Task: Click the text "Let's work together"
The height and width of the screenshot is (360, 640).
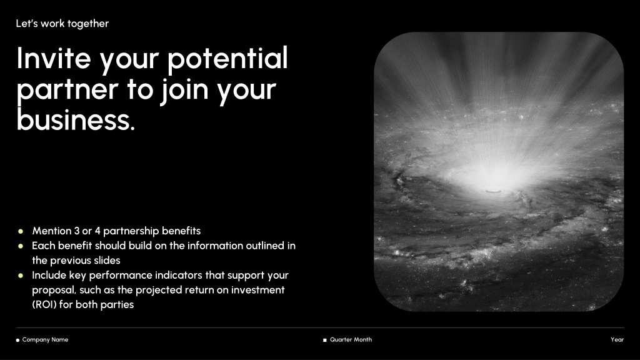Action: pos(62,24)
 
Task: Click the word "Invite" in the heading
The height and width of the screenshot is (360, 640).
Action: pos(54,58)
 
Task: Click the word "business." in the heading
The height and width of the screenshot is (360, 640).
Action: pos(76,120)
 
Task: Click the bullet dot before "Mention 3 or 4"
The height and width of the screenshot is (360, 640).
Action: pos(21,231)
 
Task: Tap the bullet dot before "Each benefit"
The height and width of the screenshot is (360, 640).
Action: pos(21,246)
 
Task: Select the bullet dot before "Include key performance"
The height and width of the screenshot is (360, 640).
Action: pos(21,276)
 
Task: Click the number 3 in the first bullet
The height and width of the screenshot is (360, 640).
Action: pos(77,231)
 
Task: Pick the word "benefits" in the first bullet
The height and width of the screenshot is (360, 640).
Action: pos(181,231)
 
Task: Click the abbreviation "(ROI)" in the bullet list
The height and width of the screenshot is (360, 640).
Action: pos(44,304)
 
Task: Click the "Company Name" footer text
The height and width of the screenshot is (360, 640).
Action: pos(45,339)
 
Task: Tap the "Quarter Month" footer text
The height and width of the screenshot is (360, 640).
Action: pos(351,339)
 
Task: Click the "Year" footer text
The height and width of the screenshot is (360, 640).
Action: pos(617,339)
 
